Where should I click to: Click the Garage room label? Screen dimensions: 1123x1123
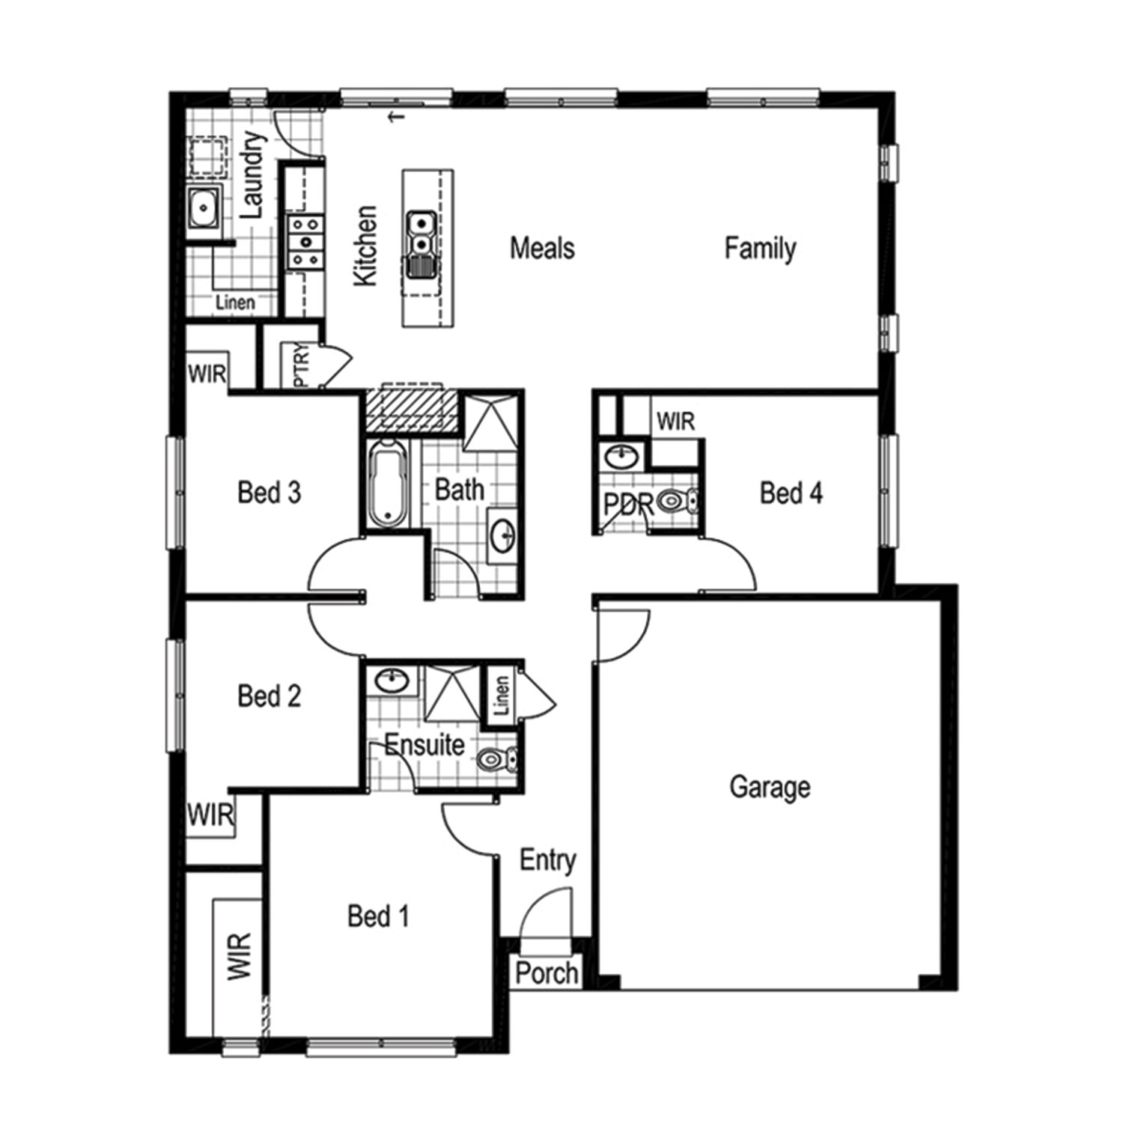click(x=770, y=787)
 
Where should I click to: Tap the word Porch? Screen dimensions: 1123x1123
click(x=547, y=973)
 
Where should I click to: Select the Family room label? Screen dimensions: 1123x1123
click(x=760, y=248)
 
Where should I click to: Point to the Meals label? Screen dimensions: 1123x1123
click(x=542, y=248)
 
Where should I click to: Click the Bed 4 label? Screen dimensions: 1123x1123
click(x=791, y=493)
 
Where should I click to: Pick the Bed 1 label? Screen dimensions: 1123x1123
click(x=378, y=916)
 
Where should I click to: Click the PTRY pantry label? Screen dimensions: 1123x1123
click(x=301, y=365)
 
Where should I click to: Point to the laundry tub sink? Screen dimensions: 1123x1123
click(x=202, y=207)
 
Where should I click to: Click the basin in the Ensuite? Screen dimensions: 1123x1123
click(x=392, y=681)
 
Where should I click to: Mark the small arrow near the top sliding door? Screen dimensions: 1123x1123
click(x=398, y=116)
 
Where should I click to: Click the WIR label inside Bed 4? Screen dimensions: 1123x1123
click(x=675, y=421)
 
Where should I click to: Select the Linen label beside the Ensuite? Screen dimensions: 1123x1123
click(x=502, y=695)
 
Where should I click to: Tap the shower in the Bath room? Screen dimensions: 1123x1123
click(x=490, y=421)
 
